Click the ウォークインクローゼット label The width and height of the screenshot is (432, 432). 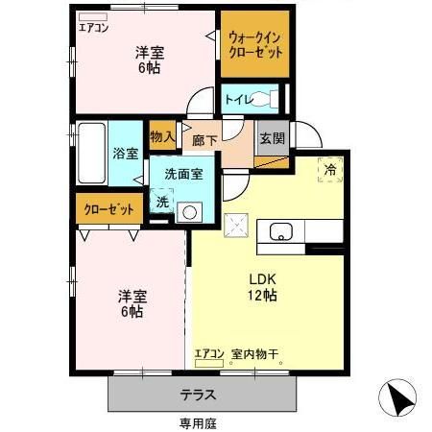pos(255,45)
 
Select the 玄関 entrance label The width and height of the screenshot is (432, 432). pos(272,137)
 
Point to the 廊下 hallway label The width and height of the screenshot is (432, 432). pos(204,139)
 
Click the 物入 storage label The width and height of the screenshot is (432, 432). pos(162,137)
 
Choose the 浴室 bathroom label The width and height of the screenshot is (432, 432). pos(126,154)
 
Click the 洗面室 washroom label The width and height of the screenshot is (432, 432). pos(182,175)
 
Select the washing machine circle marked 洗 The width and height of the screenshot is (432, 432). pos(163,203)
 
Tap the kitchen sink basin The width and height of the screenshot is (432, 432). pos(282,231)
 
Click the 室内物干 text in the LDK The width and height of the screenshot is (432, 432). pos(254,354)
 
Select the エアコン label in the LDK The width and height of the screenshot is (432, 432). pos(209,354)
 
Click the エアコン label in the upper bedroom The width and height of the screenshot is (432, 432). pos(94,27)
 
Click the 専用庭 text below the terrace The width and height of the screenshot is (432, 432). pos(197,421)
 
